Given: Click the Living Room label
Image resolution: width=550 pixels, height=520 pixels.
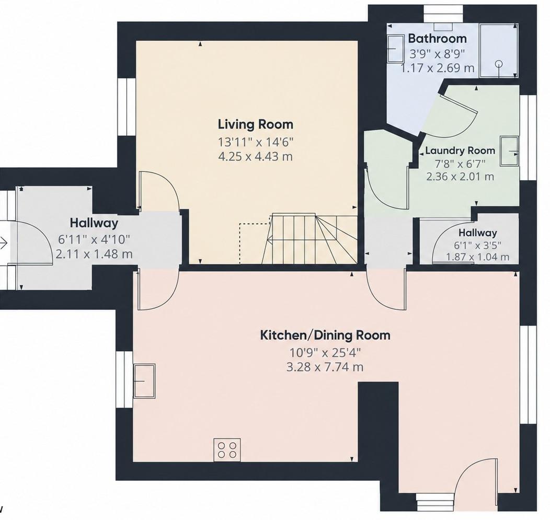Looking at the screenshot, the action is (x=255, y=124).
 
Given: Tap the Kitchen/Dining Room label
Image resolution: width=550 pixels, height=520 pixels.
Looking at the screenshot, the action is (x=325, y=335).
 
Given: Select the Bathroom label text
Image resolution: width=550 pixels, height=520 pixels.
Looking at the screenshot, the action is (x=437, y=38).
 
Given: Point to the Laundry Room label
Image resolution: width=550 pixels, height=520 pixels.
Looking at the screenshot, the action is (x=460, y=151).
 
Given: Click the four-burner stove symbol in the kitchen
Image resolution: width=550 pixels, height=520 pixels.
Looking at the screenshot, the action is (x=227, y=449).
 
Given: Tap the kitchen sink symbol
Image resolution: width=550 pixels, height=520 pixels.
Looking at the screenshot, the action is (x=144, y=381).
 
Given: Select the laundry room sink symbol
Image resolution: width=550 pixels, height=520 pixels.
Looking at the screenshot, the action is (x=509, y=151).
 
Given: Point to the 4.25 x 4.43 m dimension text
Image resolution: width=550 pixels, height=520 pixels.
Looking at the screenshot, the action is (x=255, y=156).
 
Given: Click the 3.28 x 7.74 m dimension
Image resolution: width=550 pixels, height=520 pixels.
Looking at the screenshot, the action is (x=325, y=367).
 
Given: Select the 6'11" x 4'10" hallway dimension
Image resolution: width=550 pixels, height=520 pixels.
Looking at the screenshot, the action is (x=94, y=239).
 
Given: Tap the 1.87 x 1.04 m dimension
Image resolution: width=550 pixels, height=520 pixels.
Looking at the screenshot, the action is (x=477, y=257).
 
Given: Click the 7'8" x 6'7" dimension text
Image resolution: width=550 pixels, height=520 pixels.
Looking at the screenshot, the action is (x=460, y=164).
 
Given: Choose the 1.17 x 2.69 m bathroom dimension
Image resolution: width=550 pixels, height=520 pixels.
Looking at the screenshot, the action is (x=438, y=67).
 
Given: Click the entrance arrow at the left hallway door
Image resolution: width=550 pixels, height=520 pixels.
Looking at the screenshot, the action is (x=4, y=242).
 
